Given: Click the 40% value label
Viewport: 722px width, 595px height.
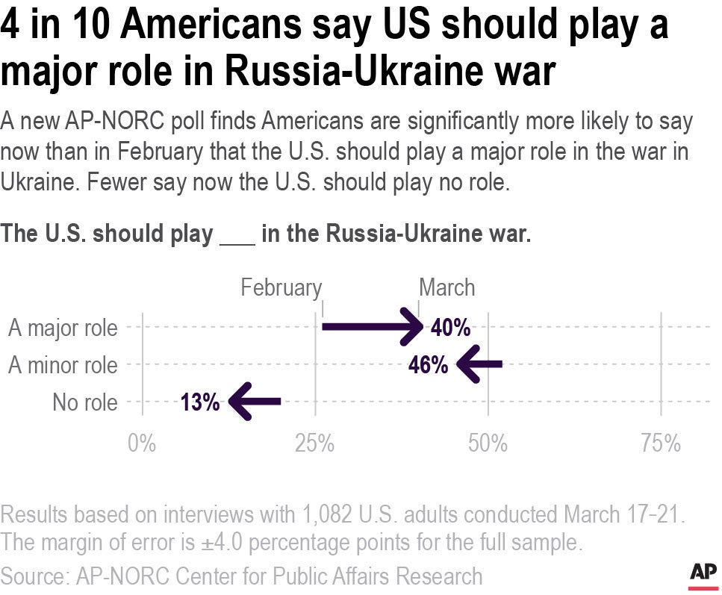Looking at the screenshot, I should (450, 327).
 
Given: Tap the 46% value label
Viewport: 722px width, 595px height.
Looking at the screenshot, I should (429, 365).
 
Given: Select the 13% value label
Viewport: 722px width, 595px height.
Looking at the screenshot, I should (200, 403).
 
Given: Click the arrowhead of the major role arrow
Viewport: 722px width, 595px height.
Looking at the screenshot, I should (414, 327).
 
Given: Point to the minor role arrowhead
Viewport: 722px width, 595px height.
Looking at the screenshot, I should (467, 365).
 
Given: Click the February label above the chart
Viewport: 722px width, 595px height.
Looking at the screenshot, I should (281, 287).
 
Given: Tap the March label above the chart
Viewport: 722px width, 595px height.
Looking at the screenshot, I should (446, 287).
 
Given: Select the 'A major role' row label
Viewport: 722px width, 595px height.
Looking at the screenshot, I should (63, 328).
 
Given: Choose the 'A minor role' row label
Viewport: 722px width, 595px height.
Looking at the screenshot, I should (63, 366).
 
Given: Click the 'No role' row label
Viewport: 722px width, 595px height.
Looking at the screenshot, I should (85, 403).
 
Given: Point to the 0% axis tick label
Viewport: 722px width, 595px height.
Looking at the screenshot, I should (142, 443).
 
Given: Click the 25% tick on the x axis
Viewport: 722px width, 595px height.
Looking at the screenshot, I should (314, 443).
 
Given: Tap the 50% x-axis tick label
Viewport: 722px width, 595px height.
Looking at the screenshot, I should (488, 443).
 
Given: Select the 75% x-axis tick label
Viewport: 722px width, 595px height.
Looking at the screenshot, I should (661, 443).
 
